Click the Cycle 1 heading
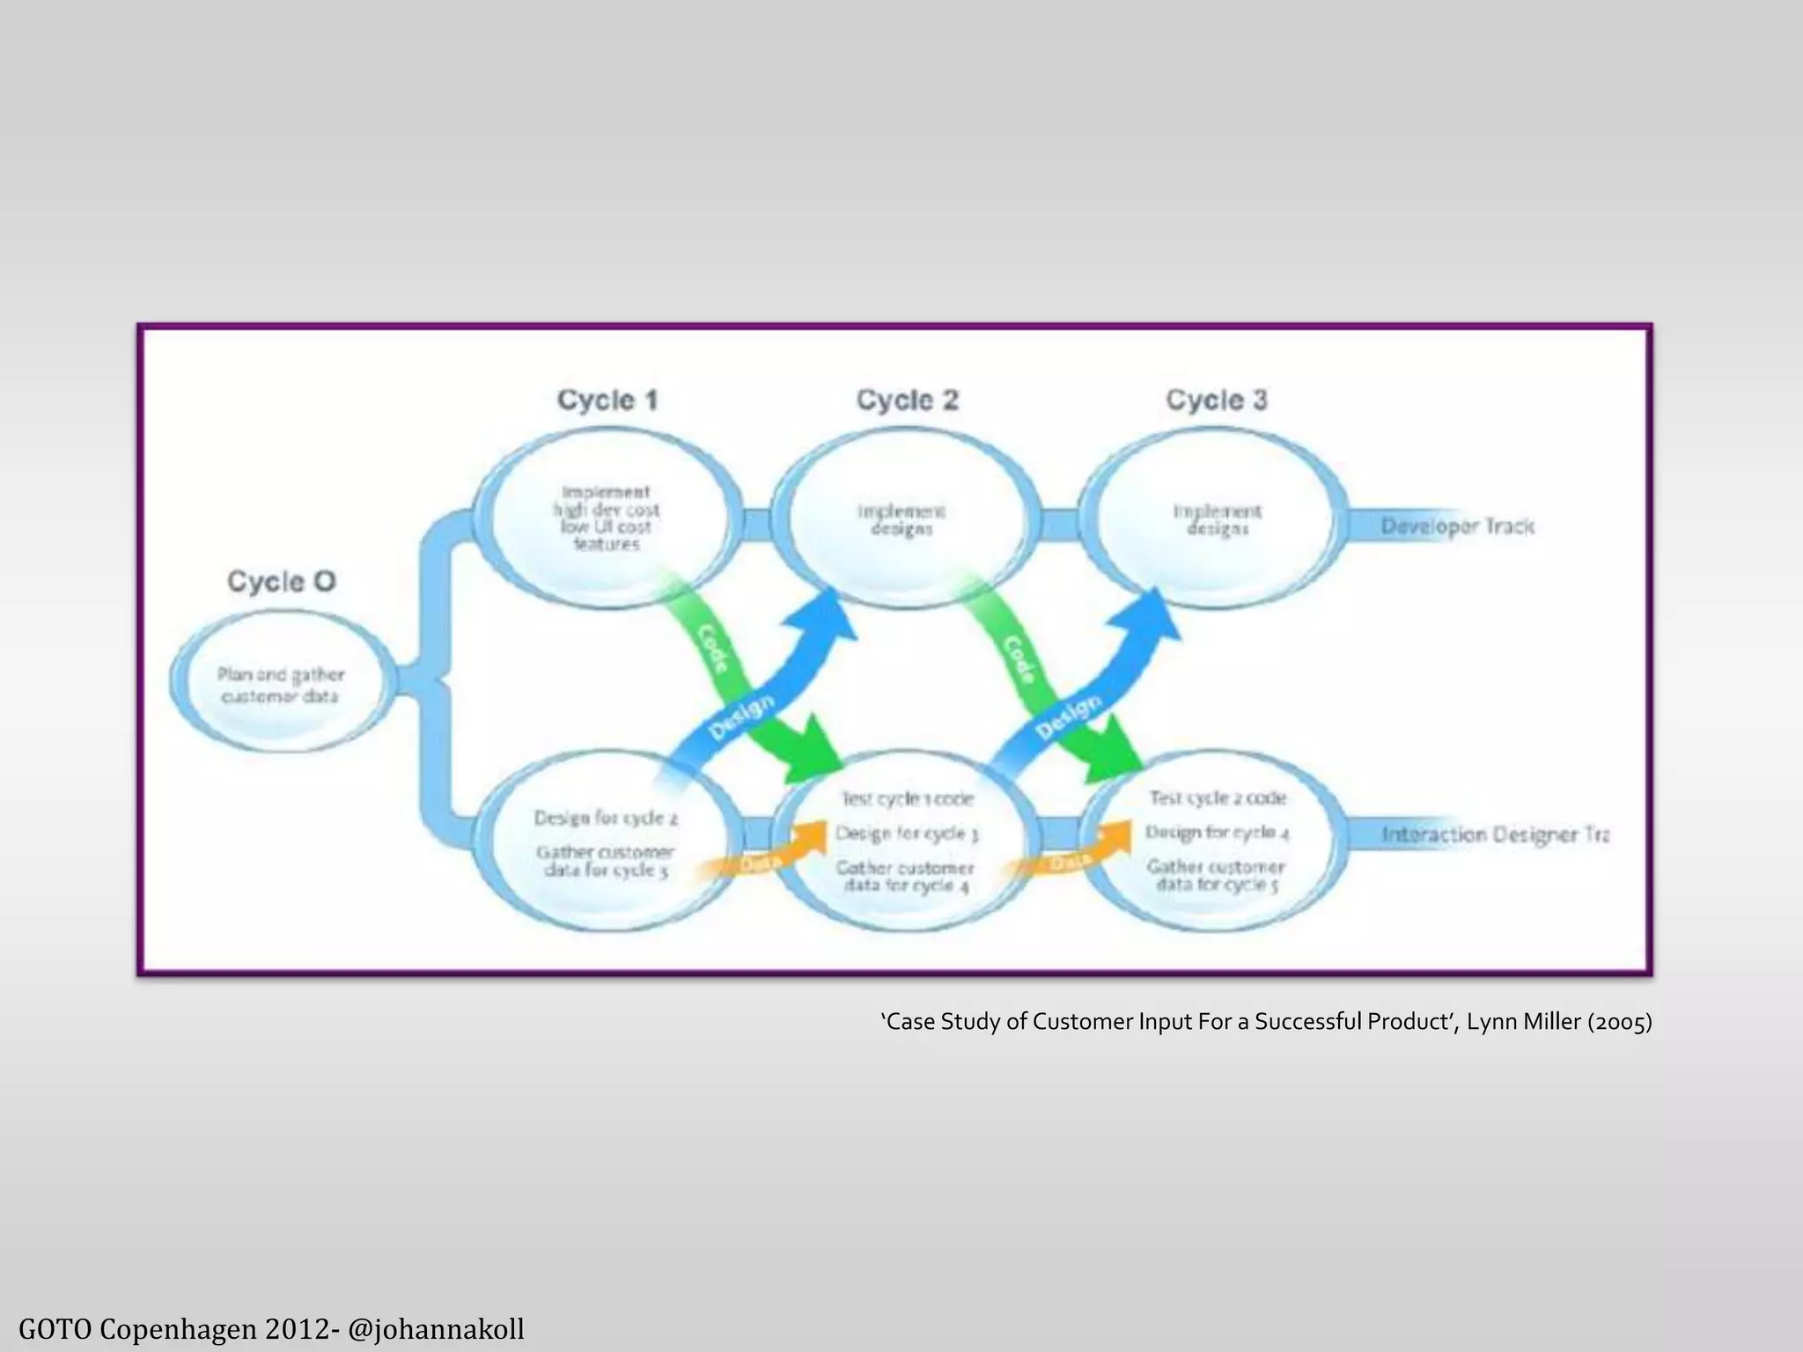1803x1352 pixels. pyautogui.click(x=607, y=400)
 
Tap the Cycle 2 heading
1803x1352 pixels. pyautogui.click(x=907, y=400)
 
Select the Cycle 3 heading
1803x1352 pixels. pyautogui.click(x=1217, y=400)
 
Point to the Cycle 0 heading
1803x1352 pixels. pyautogui.click(x=282, y=581)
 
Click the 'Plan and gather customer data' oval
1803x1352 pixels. pyautogui.click(x=281, y=685)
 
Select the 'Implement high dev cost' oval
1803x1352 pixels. pyautogui.click(x=606, y=518)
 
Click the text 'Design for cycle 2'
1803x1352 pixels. pyautogui.click(x=606, y=818)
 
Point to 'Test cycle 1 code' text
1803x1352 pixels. pyautogui.click(x=907, y=798)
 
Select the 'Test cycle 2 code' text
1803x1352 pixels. pyautogui.click(x=1217, y=797)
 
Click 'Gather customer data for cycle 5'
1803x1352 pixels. pyautogui.click(x=1216, y=876)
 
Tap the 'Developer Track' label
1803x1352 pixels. pyautogui.click(x=1457, y=526)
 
